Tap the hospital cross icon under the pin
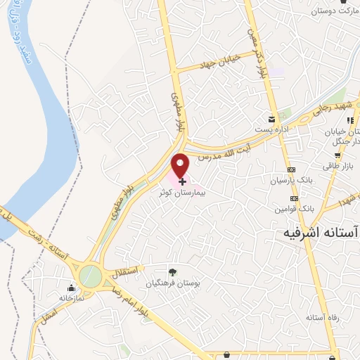[183, 181]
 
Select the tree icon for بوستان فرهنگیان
[172, 272]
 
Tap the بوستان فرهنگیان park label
[172, 283]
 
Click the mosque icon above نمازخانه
[71, 288]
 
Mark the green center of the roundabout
[89, 275]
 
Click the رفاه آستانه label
[322, 318]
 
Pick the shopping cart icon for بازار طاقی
[337, 155]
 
